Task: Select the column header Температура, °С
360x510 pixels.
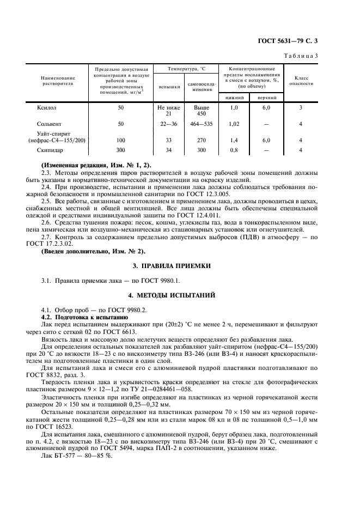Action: (x=185, y=69)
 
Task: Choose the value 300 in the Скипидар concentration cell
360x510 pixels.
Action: (x=120, y=149)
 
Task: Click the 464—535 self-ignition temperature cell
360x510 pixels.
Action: (x=202, y=124)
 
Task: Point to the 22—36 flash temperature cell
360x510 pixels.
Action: (x=169, y=124)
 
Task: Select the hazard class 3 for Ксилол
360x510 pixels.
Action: (x=301, y=108)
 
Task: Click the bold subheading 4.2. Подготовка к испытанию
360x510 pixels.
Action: (x=84, y=317)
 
